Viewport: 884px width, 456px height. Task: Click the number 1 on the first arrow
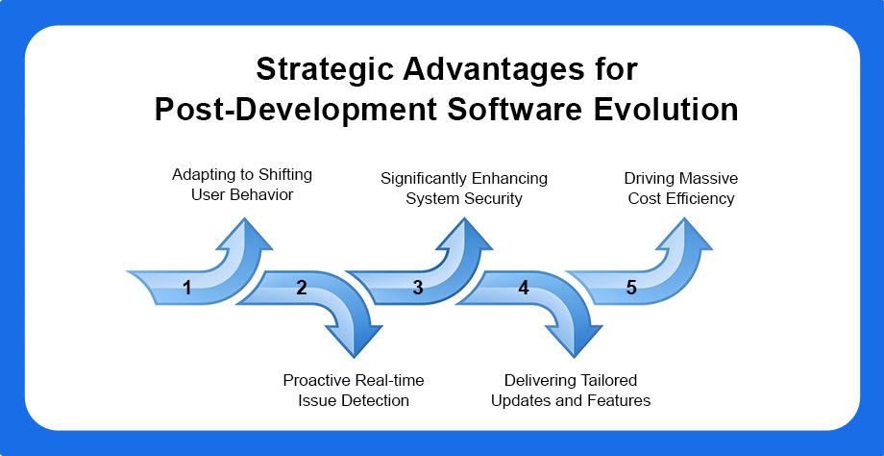pyautogui.click(x=187, y=289)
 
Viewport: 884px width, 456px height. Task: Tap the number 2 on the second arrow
pyautogui.click(x=302, y=288)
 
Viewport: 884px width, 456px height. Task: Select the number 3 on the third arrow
pyautogui.click(x=417, y=288)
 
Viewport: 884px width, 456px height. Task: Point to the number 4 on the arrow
pyautogui.click(x=524, y=288)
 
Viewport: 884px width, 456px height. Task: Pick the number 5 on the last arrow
pyautogui.click(x=631, y=288)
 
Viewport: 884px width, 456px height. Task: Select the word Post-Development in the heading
pyautogui.click(x=295, y=111)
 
